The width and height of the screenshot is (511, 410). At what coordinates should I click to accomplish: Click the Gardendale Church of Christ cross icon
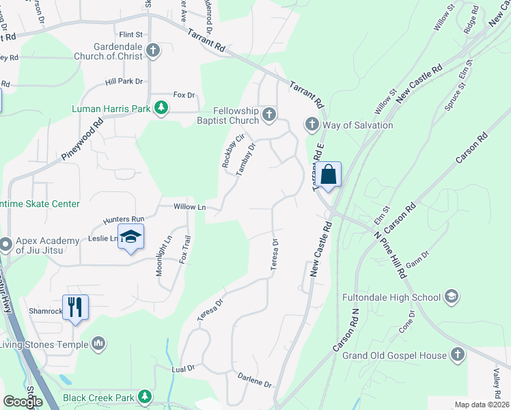click(x=153, y=50)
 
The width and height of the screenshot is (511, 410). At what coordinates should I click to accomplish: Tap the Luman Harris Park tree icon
click(x=161, y=108)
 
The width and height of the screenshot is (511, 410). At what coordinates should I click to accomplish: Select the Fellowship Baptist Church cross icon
click(x=270, y=114)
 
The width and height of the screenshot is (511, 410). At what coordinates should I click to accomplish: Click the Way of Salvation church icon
click(x=312, y=124)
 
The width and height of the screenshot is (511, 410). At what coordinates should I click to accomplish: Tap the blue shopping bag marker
click(x=329, y=175)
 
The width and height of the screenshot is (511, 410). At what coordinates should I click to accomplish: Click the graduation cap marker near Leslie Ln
click(x=130, y=236)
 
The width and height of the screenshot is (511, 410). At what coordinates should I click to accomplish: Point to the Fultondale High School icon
click(x=451, y=297)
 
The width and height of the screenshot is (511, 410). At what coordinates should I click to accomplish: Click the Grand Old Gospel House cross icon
click(x=458, y=355)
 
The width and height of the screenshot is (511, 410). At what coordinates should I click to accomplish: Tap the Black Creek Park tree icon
click(x=144, y=396)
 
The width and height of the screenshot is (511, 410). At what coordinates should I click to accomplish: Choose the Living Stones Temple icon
click(x=98, y=342)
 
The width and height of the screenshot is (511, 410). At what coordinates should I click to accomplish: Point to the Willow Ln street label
click(x=190, y=206)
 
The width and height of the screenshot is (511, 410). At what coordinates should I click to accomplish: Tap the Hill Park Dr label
click(x=124, y=81)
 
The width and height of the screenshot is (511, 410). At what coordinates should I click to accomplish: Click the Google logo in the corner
click(x=23, y=402)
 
